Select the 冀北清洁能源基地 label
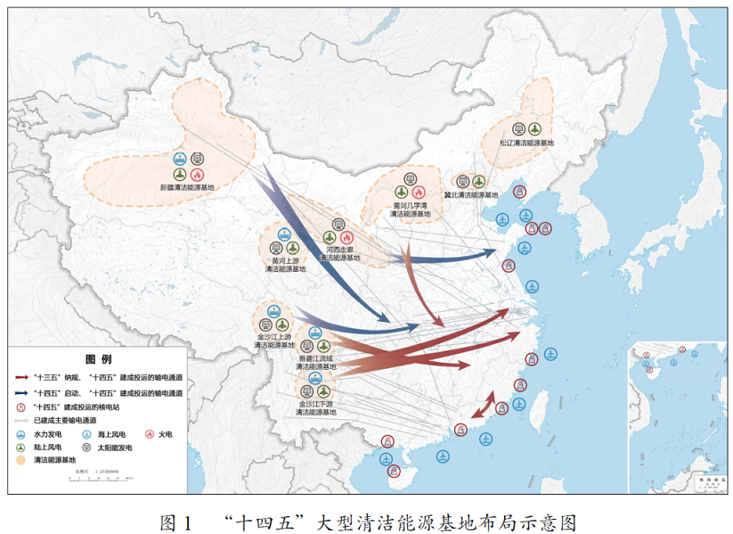tap(472, 193)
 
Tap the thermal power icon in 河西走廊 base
tap(347, 238)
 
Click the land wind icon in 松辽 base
tap(533, 128)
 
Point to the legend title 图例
tap(97, 359)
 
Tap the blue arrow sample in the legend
tap(20, 392)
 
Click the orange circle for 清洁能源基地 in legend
tap(20, 459)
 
